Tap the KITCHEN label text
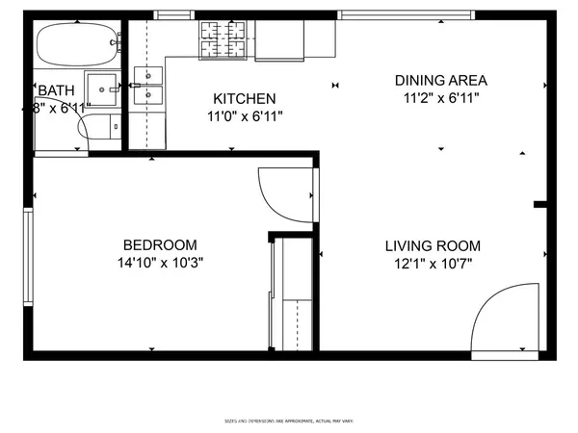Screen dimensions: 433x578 tap(245, 99)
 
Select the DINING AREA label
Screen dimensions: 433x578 tap(441, 80)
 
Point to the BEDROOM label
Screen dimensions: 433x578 tap(160, 244)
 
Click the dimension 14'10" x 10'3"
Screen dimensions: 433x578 tap(160, 262)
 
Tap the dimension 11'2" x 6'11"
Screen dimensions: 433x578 tap(441, 97)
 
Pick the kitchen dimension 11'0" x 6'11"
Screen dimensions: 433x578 tap(245, 115)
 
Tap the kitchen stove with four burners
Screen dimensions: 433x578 tap(223, 40)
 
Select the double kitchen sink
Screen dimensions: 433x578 tap(148, 85)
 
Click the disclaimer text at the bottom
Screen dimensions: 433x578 tap(288, 420)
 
